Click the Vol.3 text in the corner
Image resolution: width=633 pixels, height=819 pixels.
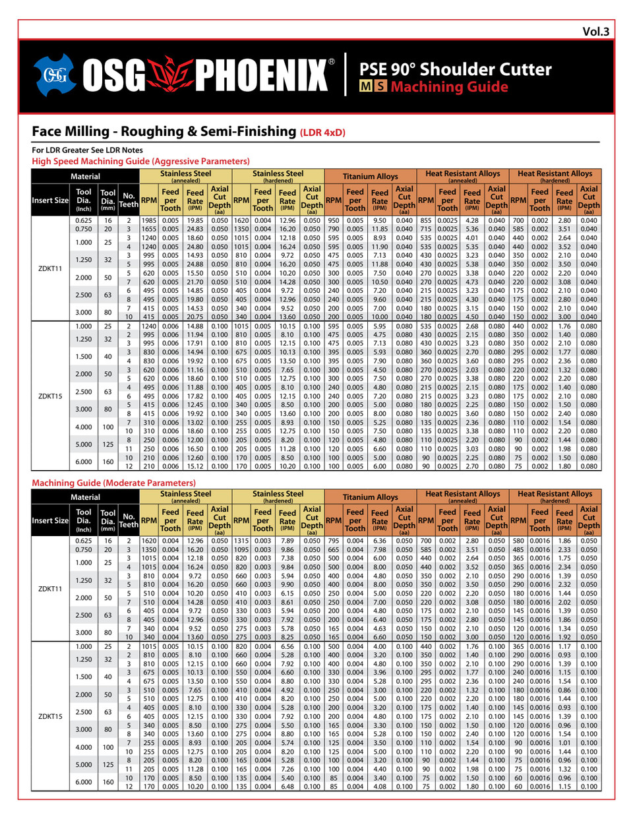pyautogui.click(x=595, y=32)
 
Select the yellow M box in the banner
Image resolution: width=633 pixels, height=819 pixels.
pyautogui.click(x=365, y=86)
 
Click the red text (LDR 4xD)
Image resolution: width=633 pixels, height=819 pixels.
pyautogui.click(x=322, y=133)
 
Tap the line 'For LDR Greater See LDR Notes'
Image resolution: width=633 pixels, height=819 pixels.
pyautogui.click(x=87, y=150)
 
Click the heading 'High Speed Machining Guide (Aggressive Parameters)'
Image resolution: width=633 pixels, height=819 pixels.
pyautogui.click(x=140, y=161)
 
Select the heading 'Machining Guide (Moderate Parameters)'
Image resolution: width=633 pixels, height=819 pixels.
pyautogui.click(x=114, y=483)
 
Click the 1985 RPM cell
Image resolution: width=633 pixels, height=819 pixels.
pyautogui.click(x=149, y=221)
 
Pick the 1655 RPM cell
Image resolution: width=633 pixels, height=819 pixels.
pyautogui.click(x=149, y=229)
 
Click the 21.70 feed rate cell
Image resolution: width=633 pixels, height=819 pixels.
pyautogui.click(x=195, y=282)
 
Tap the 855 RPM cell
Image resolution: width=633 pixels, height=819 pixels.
pyautogui.click(x=426, y=221)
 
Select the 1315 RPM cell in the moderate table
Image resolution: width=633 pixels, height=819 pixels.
pyautogui.click(x=241, y=541)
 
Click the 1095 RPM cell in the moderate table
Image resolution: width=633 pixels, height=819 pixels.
pyautogui.click(x=241, y=549)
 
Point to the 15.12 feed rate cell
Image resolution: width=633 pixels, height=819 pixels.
pyautogui.click(x=195, y=466)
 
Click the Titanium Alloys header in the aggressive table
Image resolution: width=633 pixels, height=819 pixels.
pyautogui.click(x=370, y=177)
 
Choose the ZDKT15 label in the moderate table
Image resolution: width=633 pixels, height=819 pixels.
pyautogui.click(x=50, y=716)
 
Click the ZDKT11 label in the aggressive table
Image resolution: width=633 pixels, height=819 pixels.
pyautogui.click(x=50, y=268)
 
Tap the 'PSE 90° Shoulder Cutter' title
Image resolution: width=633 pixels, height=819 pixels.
pyautogui.click(x=455, y=69)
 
